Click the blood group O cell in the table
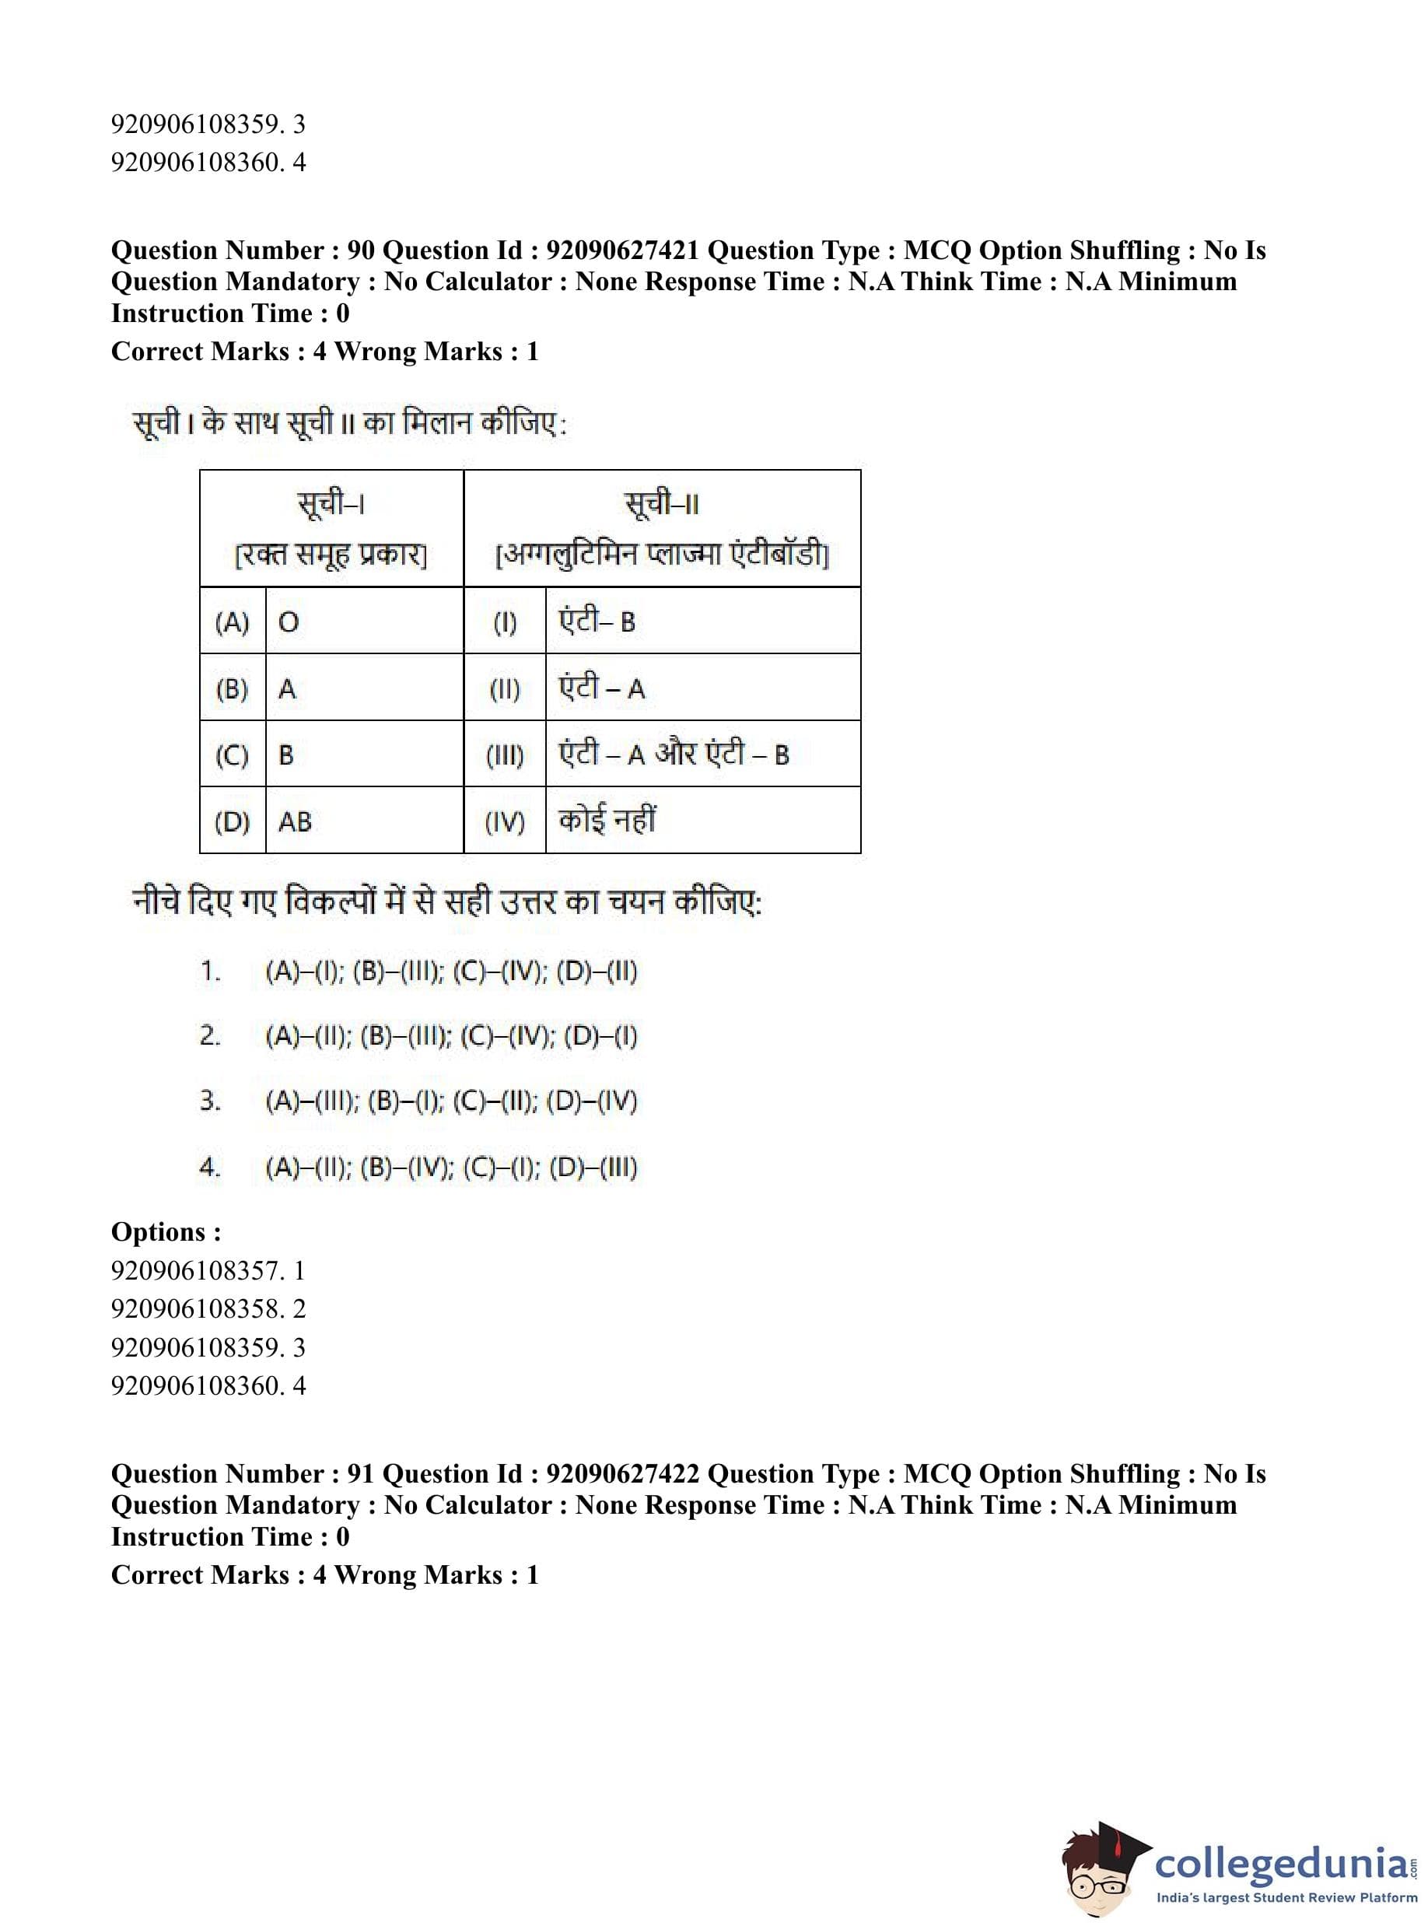pyautogui.click(x=363, y=622)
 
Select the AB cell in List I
pyautogui.click(x=363, y=821)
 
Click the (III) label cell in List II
pyautogui.click(x=505, y=755)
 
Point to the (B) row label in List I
pyautogui.click(x=232, y=689)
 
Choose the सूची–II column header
pyautogui.click(x=662, y=528)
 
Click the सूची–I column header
pyautogui.click(x=331, y=528)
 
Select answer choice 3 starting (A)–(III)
pyautogui.click(x=450, y=1101)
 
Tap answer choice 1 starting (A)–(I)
pyautogui.click(x=450, y=971)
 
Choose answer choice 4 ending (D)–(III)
pyautogui.click(x=450, y=1167)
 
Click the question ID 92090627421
pyautogui.click(x=622, y=250)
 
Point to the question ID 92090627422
pyautogui.click(x=622, y=1474)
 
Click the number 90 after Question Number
pyautogui.click(x=360, y=250)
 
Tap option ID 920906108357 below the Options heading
pyautogui.click(x=196, y=1270)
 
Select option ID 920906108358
pyautogui.click(x=196, y=1308)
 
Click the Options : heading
pyautogui.click(x=166, y=1232)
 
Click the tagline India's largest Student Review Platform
pyautogui.click(x=1286, y=1897)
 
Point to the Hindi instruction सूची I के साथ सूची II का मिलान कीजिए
pyautogui.click(x=349, y=424)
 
